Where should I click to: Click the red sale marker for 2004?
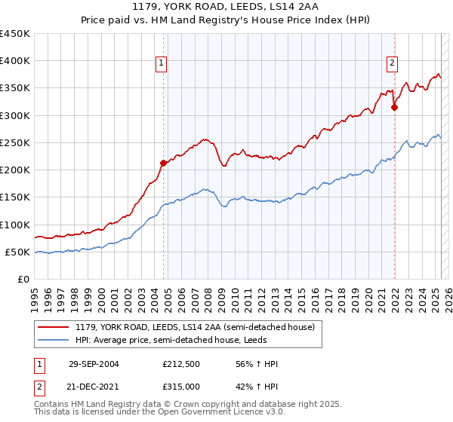pos(163,162)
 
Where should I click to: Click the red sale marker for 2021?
pos(394,108)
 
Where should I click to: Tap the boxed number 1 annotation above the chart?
pos(162,63)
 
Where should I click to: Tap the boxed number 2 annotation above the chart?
pos(393,63)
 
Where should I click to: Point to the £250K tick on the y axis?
pos(15,142)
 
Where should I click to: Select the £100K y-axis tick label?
pos(15,225)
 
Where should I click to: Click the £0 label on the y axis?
pos(24,280)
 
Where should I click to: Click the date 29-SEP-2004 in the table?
pos(94,364)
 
